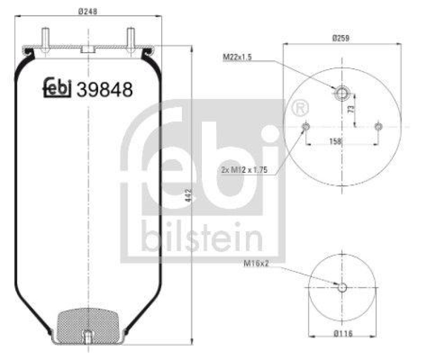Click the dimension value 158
pos(335,141)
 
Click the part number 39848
pos(105,90)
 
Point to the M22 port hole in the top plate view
pos(342,94)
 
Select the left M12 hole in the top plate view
pos(306,126)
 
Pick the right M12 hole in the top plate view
pos(378,126)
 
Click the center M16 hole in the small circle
pos(342,287)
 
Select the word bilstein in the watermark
pos(202,237)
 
